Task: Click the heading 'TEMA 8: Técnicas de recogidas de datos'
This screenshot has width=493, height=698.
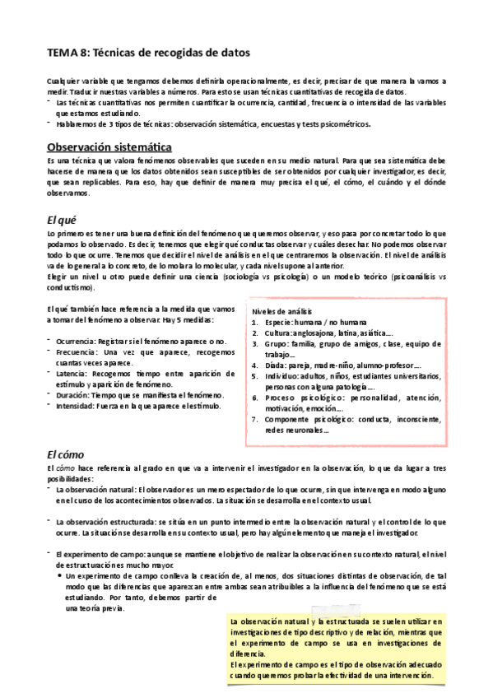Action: click(147, 53)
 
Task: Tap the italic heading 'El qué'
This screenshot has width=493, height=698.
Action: click(63, 220)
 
